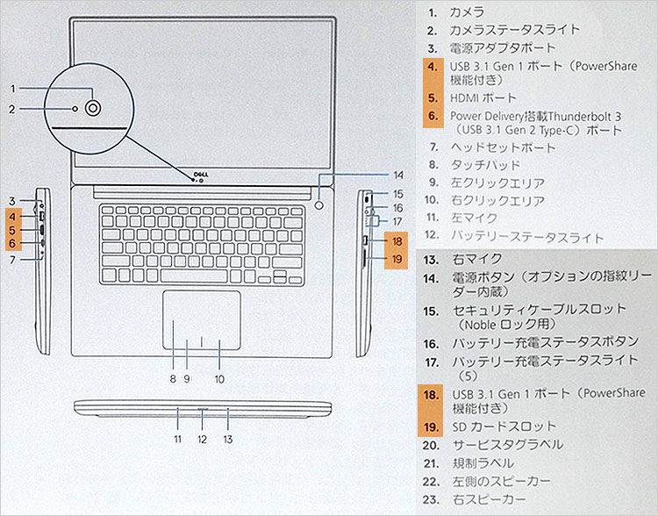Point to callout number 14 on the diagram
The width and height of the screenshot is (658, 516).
tap(397, 175)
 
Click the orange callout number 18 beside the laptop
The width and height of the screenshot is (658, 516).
tap(397, 241)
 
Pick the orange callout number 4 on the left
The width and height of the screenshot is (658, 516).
tap(13, 216)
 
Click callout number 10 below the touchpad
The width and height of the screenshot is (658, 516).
tap(218, 380)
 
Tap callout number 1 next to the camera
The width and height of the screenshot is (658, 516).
tap(13, 88)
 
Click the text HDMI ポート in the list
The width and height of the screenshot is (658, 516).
tap(483, 98)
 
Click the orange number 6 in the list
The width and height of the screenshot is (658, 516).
tap(432, 116)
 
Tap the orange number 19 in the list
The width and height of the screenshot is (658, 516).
tap(431, 426)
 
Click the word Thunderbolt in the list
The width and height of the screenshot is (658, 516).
tap(558, 116)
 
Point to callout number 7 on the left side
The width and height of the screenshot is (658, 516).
tap(13, 260)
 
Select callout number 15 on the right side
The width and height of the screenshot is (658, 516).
tap(397, 193)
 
